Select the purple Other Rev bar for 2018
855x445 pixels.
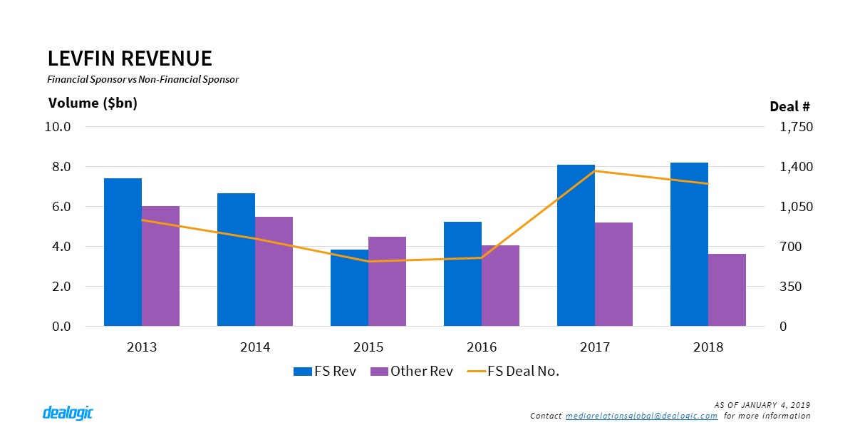pos(727,290)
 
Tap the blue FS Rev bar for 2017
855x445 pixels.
pos(576,245)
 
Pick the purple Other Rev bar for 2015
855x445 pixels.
pos(387,281)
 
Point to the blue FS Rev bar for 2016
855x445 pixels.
pos(462,274)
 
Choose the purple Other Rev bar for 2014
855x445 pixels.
pos(274,271)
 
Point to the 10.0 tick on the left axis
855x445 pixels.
pos(58,127)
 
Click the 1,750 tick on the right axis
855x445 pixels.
pos(796,127)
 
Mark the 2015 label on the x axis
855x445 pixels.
pos(368,347)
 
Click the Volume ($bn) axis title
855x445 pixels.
pos(93,103)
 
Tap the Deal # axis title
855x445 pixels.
pos(789,107)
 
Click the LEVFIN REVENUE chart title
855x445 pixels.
pos(130,58)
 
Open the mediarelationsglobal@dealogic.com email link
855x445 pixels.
pos(641,416)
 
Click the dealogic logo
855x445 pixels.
pos(68,413)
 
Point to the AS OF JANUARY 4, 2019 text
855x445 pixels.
pos(762,405)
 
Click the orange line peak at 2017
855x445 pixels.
pos(595,171)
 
